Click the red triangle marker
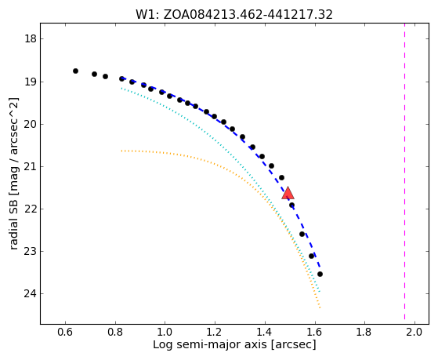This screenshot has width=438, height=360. tap(288, 193)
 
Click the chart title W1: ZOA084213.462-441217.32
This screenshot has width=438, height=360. tap(234, 15)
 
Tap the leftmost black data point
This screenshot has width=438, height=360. tap(75, 71)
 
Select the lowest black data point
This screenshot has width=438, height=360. tap(320, 275)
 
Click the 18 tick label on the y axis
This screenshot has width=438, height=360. tap(31, 38)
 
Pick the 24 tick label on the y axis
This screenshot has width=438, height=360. tap(31, 293)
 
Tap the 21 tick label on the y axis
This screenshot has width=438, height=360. tap(31, 166)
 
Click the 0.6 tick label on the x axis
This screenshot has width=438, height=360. tap(65, 332)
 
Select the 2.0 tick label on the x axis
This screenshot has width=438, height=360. tap(414, 332)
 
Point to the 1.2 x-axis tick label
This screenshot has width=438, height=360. tap(215, 332)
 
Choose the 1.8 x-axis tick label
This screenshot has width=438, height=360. tap(365, 332)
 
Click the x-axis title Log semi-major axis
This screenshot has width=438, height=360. tap(209, 344)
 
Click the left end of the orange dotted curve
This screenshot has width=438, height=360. tap(121, 151)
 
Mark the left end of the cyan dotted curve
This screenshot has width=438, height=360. tap(121, 89)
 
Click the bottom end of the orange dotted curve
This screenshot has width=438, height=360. tap(320, 307)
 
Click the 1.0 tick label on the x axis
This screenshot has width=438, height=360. tap(165, 332)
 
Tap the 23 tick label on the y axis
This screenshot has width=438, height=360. tap(31, 251)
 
